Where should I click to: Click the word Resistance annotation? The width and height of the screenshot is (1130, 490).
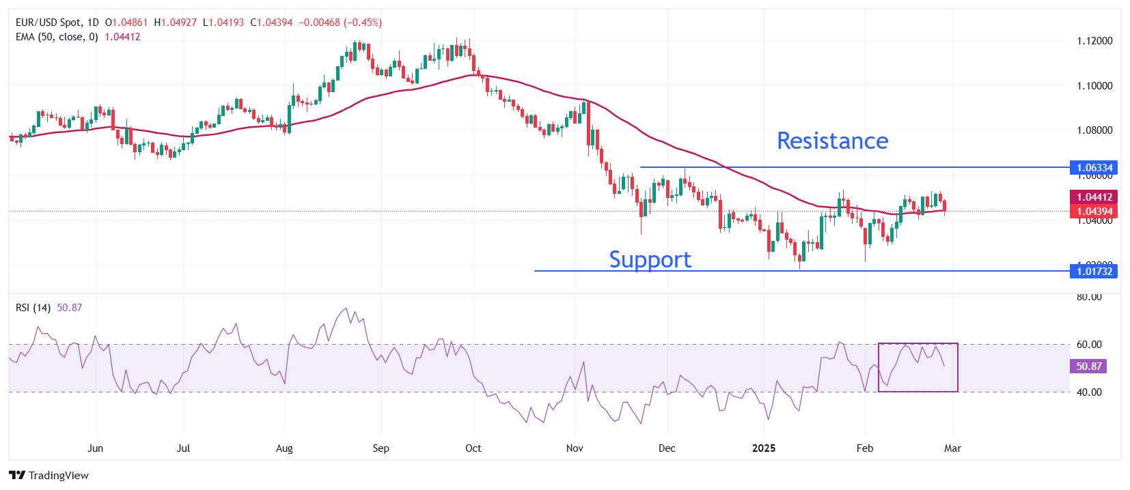(832, 141)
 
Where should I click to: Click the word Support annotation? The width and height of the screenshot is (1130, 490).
(650, 259)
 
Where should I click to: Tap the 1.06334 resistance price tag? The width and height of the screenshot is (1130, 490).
(1094, 167)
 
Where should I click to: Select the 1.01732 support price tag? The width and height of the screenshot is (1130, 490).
(1094, 271)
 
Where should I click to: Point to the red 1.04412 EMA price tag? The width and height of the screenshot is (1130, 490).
(1094, 197)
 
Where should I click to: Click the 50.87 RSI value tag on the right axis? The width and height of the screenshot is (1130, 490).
(1088, 366)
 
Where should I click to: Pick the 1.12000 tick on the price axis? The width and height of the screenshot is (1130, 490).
(1094, 41)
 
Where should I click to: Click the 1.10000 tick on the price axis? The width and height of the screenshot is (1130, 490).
(1094, 86)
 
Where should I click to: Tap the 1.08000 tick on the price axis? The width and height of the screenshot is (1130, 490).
(1094, 130)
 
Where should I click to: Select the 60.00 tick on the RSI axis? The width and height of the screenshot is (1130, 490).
(1089, 345)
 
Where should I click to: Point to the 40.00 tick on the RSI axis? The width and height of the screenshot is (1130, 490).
(1089, 392)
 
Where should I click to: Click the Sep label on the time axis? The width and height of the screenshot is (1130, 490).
(381, 448)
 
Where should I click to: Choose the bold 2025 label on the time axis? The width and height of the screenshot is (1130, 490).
(764, 448)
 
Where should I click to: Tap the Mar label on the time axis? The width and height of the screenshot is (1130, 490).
(952, 448)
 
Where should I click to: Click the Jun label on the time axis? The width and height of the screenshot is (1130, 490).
(96, 448)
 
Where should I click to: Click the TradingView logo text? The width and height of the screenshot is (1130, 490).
(58, 476)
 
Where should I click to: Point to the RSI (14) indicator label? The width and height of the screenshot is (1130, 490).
(33, 308)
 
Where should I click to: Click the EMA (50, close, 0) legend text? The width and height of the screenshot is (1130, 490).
(57, 37)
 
